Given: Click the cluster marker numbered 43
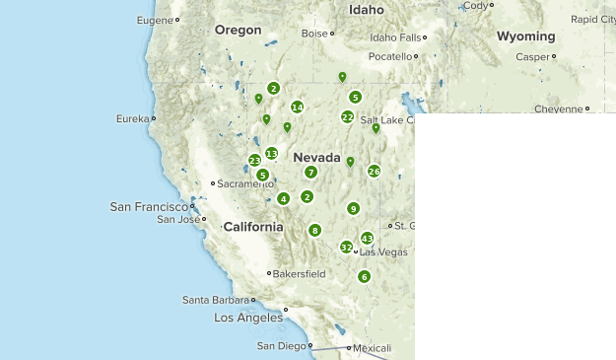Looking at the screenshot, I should (368, 238).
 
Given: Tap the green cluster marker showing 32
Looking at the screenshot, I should (346, 248).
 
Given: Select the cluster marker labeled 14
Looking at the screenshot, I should (297, 108).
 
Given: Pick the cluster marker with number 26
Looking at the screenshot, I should (374, 171).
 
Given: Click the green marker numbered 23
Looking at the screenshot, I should (254, 160).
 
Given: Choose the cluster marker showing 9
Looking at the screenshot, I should (353, 208).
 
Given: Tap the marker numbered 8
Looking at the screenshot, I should (314, 230).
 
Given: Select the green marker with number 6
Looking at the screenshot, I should (364, 276).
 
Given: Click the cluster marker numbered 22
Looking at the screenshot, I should (347, 116).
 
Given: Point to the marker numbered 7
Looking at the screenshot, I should (310, 172).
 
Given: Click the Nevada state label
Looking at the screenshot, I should (316, 158).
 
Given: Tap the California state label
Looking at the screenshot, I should (253, 227).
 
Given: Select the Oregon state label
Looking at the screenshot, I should (238, 31).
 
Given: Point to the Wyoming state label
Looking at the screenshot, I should (525, 36).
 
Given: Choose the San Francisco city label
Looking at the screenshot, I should (148, 206).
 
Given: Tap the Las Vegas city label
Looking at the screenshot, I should (383, 252).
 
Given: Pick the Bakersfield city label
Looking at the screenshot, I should (300, 273).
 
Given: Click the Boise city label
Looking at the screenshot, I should (313, 34).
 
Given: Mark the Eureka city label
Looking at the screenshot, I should (131, 119).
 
